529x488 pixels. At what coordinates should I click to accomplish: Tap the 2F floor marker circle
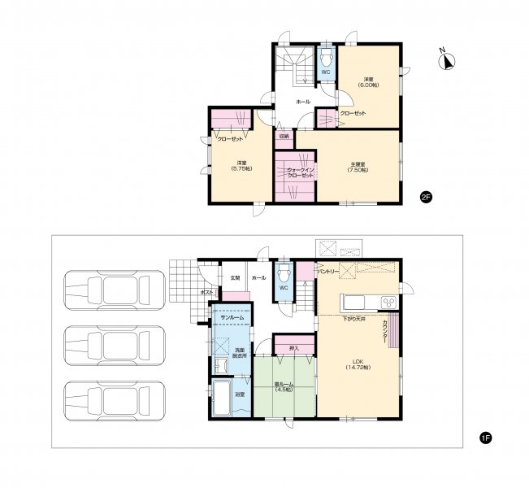(x=425, y=197)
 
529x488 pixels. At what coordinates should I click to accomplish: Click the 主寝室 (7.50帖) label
(x=358, y=167)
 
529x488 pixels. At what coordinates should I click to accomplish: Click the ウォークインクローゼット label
(x=294, y=172)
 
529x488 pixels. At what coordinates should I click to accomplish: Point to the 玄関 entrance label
(x=235, y=278)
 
